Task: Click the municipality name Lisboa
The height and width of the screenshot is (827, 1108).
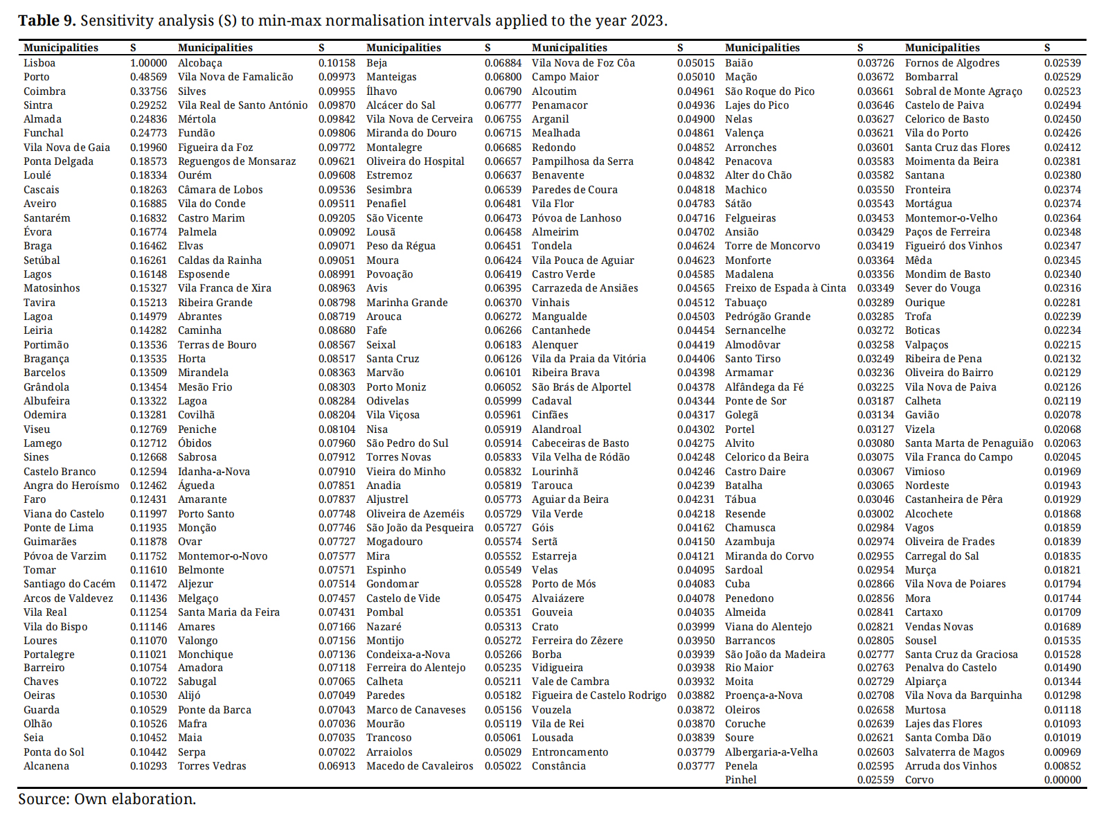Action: pos(39,63)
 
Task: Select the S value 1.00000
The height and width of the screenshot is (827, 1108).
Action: pos(148,63)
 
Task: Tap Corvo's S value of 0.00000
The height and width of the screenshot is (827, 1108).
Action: pos(1062,780)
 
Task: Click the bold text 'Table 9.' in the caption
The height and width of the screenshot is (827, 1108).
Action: pos(47,21)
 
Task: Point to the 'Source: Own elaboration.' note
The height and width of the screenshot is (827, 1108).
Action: pos(107,799)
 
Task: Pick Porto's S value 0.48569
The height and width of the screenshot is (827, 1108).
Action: pos(148,77)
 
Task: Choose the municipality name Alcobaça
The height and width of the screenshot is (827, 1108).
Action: pos(200,63)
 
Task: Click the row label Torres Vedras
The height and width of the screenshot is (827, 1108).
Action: pos(212,766)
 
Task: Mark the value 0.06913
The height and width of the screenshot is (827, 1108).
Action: pos(337,766)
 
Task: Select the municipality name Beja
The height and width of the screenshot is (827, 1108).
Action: pos(377,63)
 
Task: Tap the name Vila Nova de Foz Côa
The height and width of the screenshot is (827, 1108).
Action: pos(583,63)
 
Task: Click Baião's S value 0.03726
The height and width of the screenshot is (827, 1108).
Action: pos(875,63)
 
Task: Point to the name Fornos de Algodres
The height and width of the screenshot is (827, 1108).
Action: pos(952,63)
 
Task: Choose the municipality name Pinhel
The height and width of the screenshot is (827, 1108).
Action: pos(741,780)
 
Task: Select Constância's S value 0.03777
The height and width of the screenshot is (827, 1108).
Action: pos(695,766)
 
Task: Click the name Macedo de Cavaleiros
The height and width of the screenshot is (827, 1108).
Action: pos(420,766)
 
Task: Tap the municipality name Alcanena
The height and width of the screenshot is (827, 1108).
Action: pos(46,766)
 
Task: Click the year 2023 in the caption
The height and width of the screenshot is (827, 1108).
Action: pos(647,21)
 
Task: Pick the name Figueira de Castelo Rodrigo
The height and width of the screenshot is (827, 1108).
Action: pos(599,695)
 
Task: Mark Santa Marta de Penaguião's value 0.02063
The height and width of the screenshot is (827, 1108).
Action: pos(1062,443)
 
